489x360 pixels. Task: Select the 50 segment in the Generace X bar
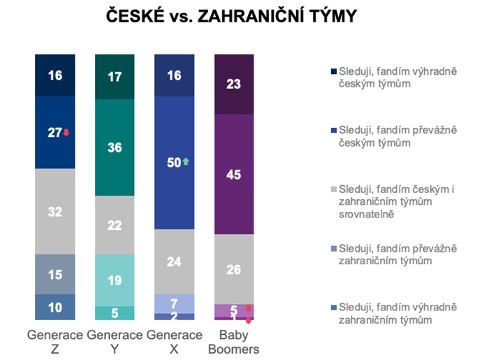(x=175, y=162)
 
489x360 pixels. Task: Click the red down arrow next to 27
(x=66, y=133)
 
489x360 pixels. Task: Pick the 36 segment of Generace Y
(x=115, y=147)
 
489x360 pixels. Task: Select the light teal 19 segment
(x=115, y=280)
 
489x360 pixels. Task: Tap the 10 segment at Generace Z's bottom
(x=55, y=307)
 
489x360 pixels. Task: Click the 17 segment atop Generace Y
(x=115, y=76)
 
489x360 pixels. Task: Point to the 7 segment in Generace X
(x=175, y=303)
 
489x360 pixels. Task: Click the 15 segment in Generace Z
(x=55, y=274)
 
